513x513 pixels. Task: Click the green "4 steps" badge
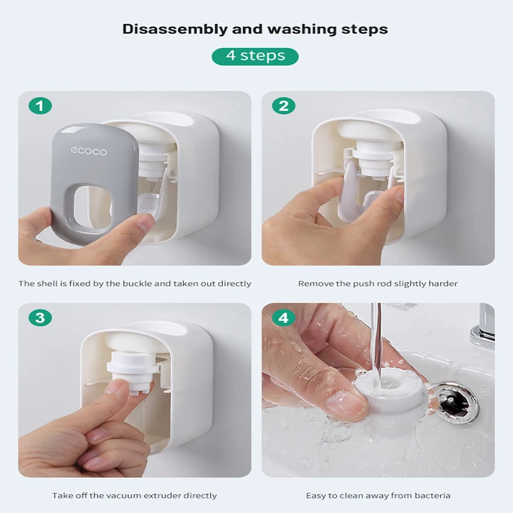(255, 56)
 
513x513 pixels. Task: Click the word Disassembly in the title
(175, 29)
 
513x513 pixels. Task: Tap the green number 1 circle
(40, 106)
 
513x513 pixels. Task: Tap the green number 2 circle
(283, 106)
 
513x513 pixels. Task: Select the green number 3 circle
(40, 317)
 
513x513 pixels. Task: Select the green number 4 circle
(283, 317)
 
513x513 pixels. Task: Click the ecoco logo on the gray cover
(88, 151)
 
